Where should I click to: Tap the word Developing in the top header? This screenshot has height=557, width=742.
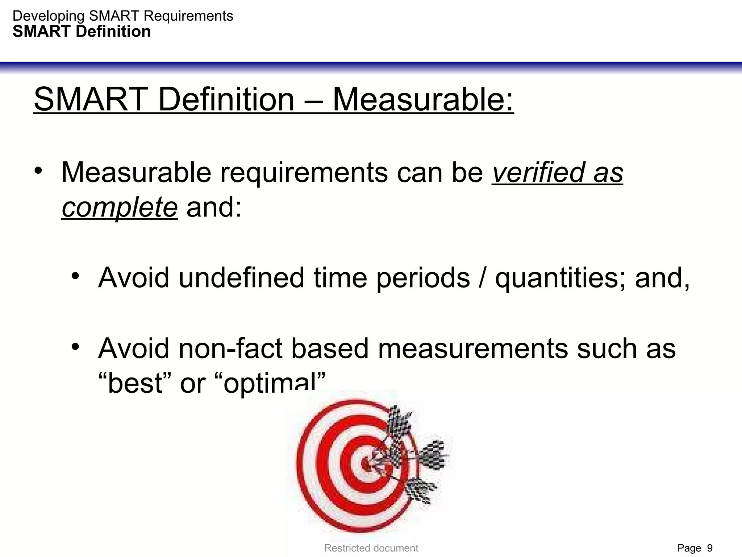pos(49,16)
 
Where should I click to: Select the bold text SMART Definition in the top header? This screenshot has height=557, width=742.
pos(82,32)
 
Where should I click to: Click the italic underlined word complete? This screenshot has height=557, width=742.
pos(120,207)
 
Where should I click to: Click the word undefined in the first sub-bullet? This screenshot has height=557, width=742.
pos(241,278)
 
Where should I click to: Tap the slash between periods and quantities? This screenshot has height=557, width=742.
pos(482,278)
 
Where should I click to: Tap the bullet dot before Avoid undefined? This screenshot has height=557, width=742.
pos(75,276)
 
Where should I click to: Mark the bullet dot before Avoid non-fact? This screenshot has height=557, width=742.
pos(75,347)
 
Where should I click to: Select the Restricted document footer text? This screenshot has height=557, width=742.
pos(371,548)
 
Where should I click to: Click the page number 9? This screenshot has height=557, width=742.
pos(709,548)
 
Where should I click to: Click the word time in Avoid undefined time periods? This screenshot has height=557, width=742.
pos(340,278)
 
